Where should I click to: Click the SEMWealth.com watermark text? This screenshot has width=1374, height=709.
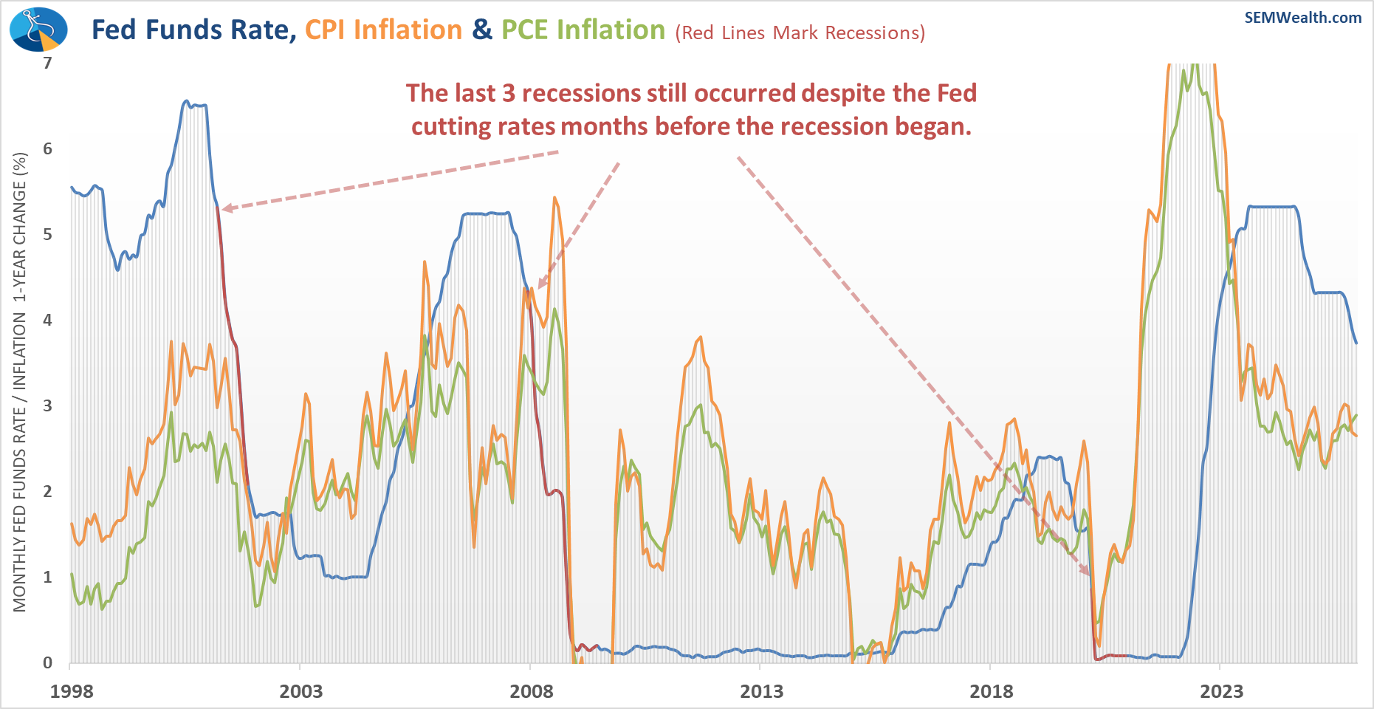point(1302,18)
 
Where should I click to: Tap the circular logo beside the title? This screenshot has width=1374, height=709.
point(38,30)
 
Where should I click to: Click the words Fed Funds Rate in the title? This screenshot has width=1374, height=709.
point(189,30)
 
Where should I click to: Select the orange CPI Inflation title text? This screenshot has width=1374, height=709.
point(383,30)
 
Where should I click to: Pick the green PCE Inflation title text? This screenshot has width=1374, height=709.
point(583,30)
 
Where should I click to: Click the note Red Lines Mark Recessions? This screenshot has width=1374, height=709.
point(800,33)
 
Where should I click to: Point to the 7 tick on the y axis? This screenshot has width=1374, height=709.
point(48,63)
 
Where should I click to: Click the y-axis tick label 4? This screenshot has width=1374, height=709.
point(48,320)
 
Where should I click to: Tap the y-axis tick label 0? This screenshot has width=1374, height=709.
point(48,662)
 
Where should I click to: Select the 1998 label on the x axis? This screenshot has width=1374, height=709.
point(72,691)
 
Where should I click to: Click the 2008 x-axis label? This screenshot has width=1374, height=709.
point(531,691)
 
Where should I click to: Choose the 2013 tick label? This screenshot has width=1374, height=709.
point(761,691)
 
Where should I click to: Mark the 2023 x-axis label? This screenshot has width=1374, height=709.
point(1221,691)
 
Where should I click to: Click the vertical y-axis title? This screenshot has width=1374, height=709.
point(20,382)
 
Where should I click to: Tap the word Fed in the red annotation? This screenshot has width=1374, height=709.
point(957,94)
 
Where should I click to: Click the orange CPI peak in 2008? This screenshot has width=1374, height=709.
point(554,197)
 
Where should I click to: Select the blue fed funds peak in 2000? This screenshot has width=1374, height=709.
point(186,101)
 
